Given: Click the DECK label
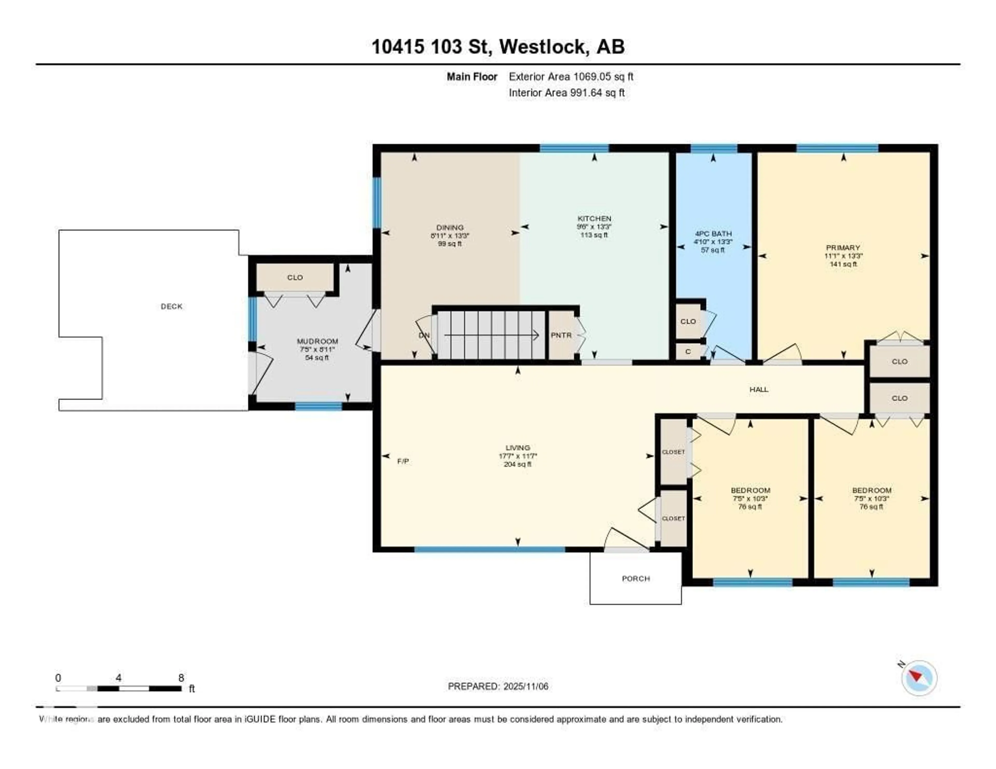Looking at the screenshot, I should (x=171, y=306).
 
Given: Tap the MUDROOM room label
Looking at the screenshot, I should (x=317, y=341).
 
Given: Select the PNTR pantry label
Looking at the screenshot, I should (x=561, y=335).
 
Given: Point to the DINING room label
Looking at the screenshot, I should (x=450, y=227).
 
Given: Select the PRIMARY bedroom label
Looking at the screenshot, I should (x=843, y=248).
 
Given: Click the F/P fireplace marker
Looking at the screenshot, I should (x=403, y=461).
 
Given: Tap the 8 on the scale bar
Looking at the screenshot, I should (x=181, y=678).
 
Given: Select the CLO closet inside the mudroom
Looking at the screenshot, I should (x=295, y=277).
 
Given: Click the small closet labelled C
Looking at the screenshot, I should (x=688, y=352).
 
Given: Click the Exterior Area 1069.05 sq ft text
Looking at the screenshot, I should (x=571, y=76).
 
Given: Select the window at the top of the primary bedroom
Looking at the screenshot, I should (x=837, y=148).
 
